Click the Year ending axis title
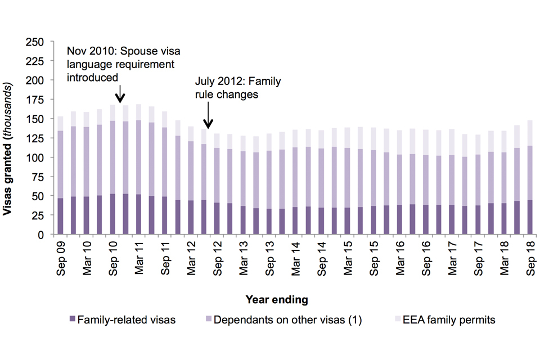(276, 299)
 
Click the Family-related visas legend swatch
(71, 321)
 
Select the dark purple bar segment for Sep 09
(60, 216)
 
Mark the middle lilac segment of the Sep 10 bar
(112, 157)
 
